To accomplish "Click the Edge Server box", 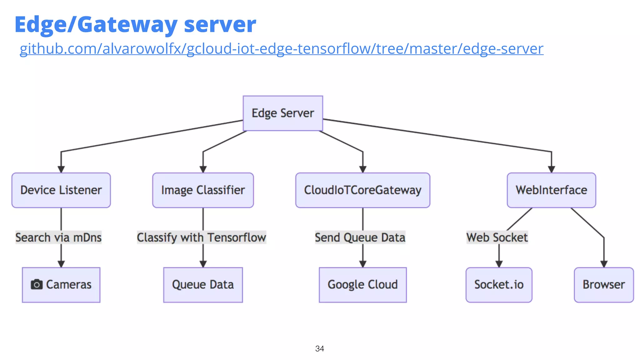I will click(x=283, y=113).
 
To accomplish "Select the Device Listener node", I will click(x=61, y=190).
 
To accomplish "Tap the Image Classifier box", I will click(x=203, y=190).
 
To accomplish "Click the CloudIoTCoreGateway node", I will click(x=362, y=190).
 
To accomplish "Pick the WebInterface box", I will click(x=551, y=190).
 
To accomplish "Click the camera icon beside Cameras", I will click(x=37, y=284).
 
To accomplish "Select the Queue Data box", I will click(x=203, y=285).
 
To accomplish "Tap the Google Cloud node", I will click(x=362, y=285).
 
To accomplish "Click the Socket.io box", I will click(x=499, y=285).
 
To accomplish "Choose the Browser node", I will click(x=604, y=285).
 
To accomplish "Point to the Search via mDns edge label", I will click(x=58, y=237).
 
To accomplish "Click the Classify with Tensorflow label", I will click(x=202, y=237).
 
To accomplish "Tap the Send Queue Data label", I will click(x=360, y=237).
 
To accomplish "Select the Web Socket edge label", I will click(x=497, y=237).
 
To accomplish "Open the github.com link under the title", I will click(x=281, y=49).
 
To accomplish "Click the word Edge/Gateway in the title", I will click(x=96, y=24).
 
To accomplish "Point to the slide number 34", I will click(x=319, y=348).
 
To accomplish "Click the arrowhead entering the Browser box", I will click(x=604, y=264).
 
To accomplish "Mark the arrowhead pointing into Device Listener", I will click(x=61, y=169).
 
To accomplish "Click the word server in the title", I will click(x=220, y=24).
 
